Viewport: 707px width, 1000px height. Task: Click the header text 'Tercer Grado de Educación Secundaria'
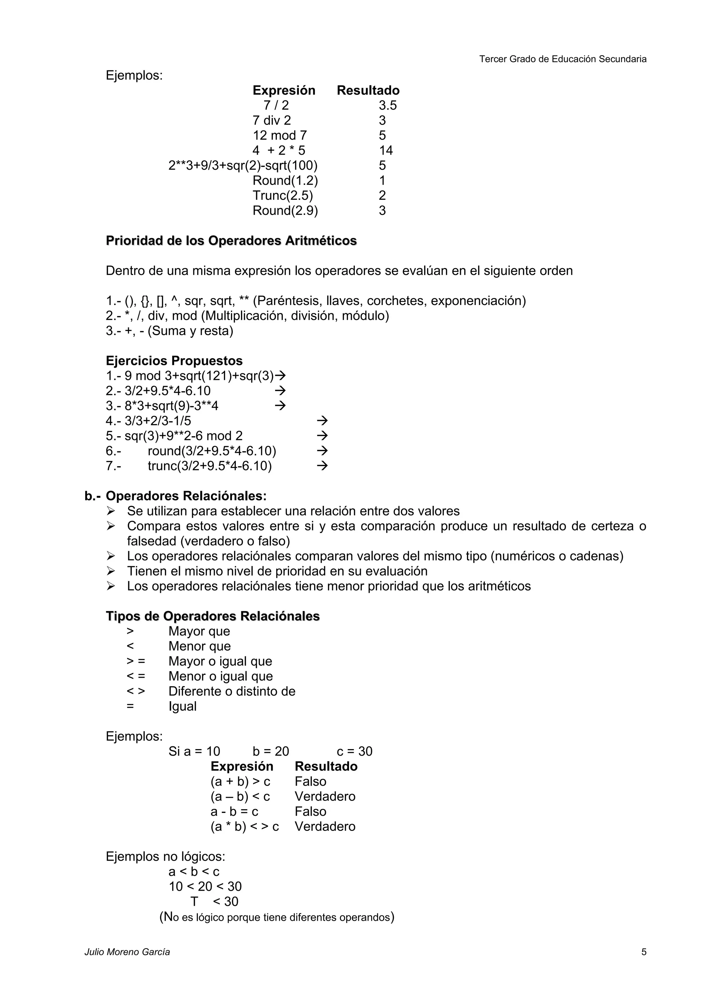(562, 59)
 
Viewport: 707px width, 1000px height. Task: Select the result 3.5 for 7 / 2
(387, 105)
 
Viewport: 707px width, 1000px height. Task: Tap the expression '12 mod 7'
(280, 136)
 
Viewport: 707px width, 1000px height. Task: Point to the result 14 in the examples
(386, 151)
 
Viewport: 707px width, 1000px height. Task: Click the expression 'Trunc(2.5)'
(283, 196)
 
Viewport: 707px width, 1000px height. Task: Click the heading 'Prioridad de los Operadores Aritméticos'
(231, 241)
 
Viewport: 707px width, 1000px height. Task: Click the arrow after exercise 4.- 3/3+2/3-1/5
(322, 421)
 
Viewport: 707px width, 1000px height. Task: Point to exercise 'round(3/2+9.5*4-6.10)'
(212, 451)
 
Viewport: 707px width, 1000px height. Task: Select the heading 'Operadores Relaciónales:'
(186, 496)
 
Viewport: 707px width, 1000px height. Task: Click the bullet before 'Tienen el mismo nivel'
(111, 571)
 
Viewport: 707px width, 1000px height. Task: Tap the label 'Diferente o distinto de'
(232, 691)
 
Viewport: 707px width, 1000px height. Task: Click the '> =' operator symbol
(135, 661)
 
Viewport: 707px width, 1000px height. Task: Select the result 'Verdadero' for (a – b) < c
(325, 797)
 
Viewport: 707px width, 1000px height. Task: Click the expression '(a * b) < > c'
(244, 827)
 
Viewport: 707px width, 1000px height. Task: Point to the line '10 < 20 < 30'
(205, 887)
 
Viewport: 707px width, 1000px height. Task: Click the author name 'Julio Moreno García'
(127, 952)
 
